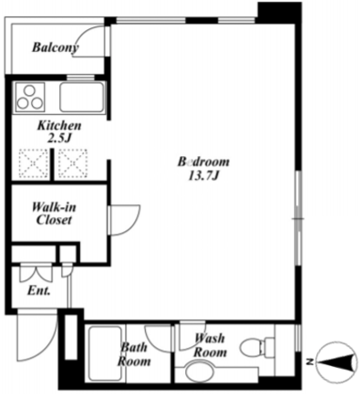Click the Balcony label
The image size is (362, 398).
pyautogui.click(x=56, y=47)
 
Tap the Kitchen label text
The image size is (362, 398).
pyautogui.click(x=59, y=125)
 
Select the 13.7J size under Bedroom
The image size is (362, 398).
pyautogui.click(x=203, y=176)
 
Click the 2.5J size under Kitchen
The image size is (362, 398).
pyautogui.click(x=59, y=139)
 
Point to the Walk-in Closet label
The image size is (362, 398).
pyautogui.click(x=54, y=214)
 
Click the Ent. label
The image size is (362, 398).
pyautogui.click(x=38, y=291)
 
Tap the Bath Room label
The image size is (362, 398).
pyautogui.click(x=134, y=354)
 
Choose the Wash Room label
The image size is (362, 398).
pyautogui.click(x=210, y=345)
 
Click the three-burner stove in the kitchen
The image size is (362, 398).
pyautogui.click(x=30, y=97)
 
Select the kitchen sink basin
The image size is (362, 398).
pyautogui.click(x=81, y=97)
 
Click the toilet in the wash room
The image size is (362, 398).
pyautogui.click(x=257, y=347)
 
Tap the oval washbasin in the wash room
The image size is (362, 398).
pyautogui.click(x=199, y=370)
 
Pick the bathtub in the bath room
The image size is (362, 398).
pyautogui.click(x=105, y=353)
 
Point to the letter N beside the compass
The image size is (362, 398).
pyautogui.click(x=310, y=362)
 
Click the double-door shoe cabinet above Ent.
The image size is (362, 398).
pyautogui.click(x=36, y=274)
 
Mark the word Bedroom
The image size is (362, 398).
pyautogui.click(x=203, y=162)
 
